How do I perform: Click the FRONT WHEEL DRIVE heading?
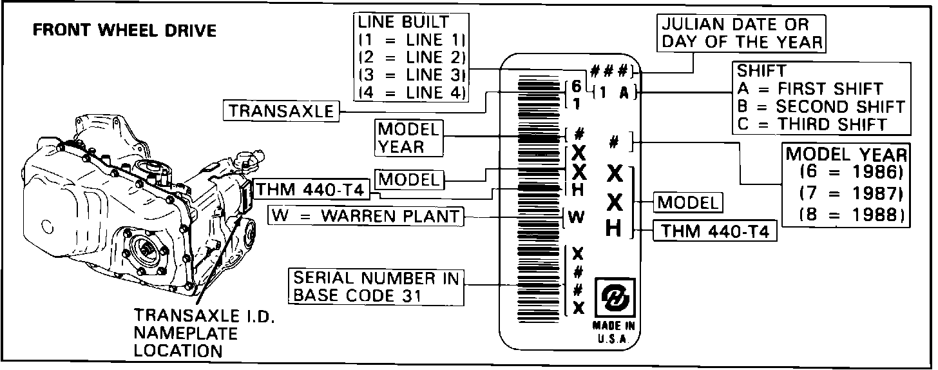[x=125, y=30]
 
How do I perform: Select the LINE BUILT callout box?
[x=412, y=57]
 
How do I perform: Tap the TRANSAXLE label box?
[x=282, y=111]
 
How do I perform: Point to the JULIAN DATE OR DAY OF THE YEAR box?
[x=742, y=34]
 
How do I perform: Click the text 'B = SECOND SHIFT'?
[x=821, y=106]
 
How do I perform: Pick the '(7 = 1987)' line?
[x=847, y=194]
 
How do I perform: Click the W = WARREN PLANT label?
[x=366, y=215]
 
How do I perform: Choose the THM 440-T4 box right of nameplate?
[x=714, y=231]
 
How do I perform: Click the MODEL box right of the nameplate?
[x=688, y=202]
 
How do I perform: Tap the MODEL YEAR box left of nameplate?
[x=410, y=137]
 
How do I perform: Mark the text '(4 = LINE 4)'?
[x=412, y=92]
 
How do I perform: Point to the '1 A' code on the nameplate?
[x=613, y=93]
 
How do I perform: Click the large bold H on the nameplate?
[x=614, y=229]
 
